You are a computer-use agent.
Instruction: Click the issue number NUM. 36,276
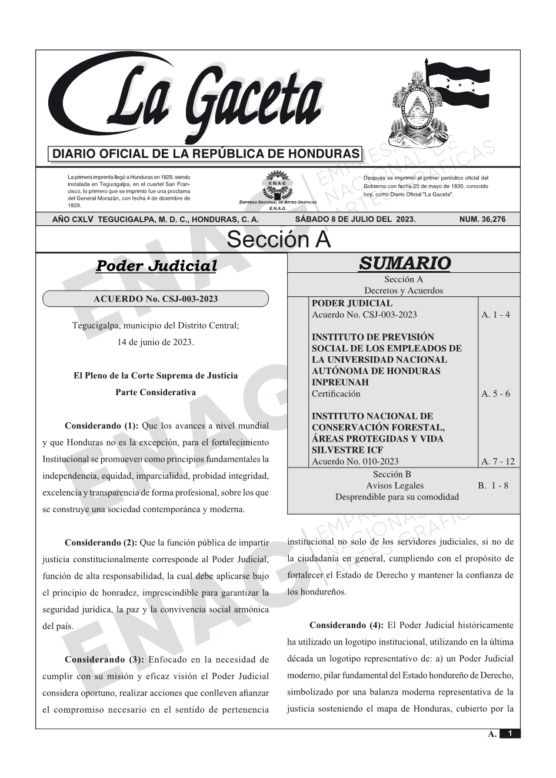click(482, 219)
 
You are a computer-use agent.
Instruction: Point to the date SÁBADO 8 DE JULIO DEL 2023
click(355, 219)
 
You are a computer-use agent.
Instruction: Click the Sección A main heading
click(278, 240)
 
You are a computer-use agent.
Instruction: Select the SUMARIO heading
click(404, 263)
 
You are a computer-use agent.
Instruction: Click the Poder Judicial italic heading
click(156, 266)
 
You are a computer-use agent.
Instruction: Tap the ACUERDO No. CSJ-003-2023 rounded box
click(155, 299)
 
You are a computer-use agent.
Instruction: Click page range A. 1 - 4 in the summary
click(495, 315)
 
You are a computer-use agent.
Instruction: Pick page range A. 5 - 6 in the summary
click(495, 394)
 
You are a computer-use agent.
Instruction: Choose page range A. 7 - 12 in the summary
click(498, 462)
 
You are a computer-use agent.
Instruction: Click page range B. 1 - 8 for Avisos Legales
click(493, 486)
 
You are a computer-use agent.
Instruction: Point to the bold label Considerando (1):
click(101, 425)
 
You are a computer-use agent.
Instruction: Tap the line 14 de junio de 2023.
click(155, 342)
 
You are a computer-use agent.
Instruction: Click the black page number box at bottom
click(510, 733)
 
